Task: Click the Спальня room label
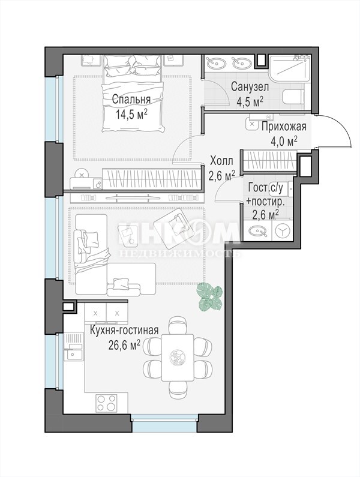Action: pyautogui.click(x=131, y=100)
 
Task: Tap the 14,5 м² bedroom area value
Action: pyautogui.click(x=131, y=115)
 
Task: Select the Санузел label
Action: pyautogui.click(x=250, y=87)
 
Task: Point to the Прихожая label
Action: pyautogui.click(x=284, y=127)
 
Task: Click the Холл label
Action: pyautogui.click(x=222, y=161)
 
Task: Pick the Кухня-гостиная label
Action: pyautogui.click(x=124, y=330)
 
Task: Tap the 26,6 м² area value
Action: pyautogui.click(x=124, y=344)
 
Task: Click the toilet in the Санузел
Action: pyautogui.click(x=293, y=97)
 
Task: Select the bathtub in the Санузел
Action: pyautogui.click(x=290, y=68)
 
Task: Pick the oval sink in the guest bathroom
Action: pyautogui.click(x=258, y=231)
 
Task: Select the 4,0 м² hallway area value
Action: pyautogui.click(x=284, y=142)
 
